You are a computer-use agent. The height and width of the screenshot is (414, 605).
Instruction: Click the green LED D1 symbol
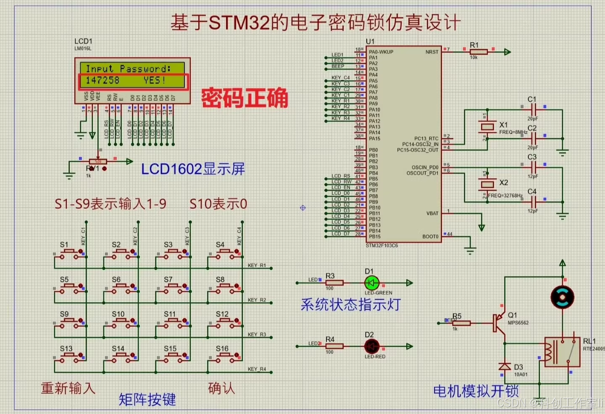pyautogui.click(x=371, y=283)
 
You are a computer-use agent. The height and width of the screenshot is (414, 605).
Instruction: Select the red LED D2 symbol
pyautogui.click(x=371, y=346)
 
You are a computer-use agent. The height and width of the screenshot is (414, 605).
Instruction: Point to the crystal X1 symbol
pyautogui.click(x=487, y=127)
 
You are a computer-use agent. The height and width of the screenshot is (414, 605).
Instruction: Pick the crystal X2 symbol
pyautogui.click(x=487, y=184)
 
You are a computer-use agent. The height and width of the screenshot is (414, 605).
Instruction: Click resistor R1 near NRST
pyautogui.click(x=479, y=52)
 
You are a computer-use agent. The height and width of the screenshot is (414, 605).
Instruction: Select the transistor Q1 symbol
pyautogui.click(x=499, y=323)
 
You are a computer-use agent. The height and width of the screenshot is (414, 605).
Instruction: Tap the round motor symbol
pyautogui.click(x=562, y=297)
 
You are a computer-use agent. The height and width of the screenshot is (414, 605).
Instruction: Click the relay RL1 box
pyautogui.click(x=562, y=352)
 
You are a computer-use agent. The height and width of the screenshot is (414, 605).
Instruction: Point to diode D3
pyautogui.click(x=505, y=367)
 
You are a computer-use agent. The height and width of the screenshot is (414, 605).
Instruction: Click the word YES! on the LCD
pyautogui.click(x=154, y=80)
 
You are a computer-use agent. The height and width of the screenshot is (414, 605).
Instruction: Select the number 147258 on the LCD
pyautogui.click(x=103, y=80)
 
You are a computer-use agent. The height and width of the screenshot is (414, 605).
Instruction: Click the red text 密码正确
pyautogui.click(x=245, y=98)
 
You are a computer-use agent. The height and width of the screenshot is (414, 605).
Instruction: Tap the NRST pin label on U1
pyautogui.click(x=431, y=52)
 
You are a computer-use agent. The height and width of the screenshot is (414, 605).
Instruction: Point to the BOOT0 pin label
pyautogui.click(x=430, y=237)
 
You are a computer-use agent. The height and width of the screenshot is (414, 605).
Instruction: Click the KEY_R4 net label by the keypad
pyautogui.click(x=257, y=369)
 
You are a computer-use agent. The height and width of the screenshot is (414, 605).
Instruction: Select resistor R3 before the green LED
pyautogui.click(x=334, y=283)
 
